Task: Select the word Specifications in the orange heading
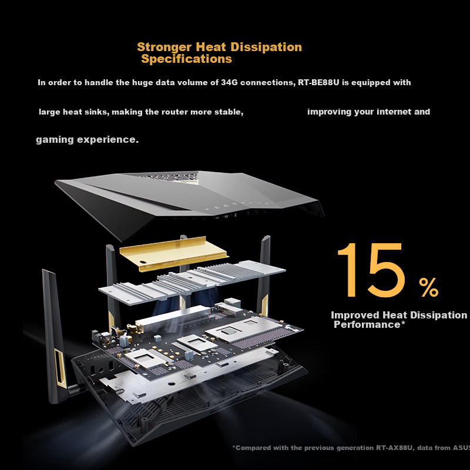[x=186, y=59]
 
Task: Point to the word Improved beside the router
[x=353, y=315]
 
